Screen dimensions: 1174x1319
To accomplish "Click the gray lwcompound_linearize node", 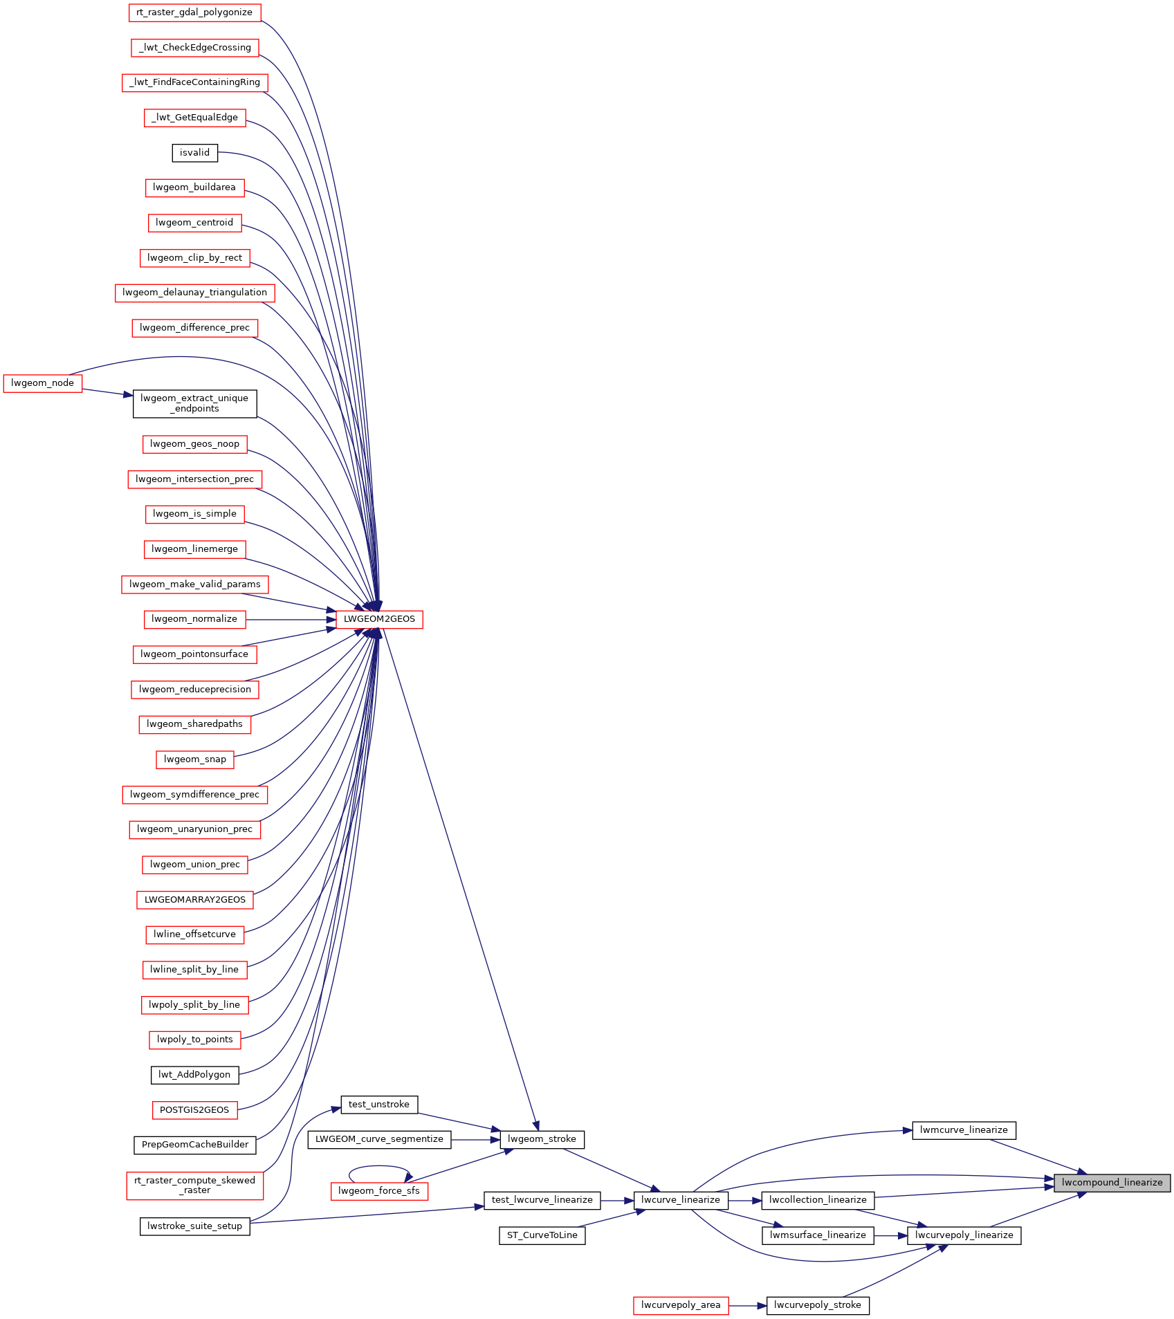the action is [1112, 1183].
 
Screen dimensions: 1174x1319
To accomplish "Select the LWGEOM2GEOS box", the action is [379, 619].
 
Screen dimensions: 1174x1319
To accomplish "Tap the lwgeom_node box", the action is [43, 383].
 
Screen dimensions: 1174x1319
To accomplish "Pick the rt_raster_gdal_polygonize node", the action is [194, 12].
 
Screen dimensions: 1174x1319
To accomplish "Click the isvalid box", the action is [194, 153].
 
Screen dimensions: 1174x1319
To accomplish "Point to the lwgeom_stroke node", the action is [542, 1139].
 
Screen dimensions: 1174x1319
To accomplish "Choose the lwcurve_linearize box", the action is [681, 1200].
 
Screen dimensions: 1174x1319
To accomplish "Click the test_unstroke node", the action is [379, 1105].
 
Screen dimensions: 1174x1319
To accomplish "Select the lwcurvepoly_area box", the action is [681, 1305].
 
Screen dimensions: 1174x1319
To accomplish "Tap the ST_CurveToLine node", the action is [542, 1235].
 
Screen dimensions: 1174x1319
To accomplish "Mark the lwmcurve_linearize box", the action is [964, 1130].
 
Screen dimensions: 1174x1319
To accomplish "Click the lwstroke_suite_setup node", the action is [194, 1226].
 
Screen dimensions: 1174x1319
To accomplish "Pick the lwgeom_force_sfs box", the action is [379, 1191].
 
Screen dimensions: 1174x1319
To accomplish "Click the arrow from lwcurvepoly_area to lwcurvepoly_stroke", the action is [747, 1305].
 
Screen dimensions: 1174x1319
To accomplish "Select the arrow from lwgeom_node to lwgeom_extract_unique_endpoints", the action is [107, 392].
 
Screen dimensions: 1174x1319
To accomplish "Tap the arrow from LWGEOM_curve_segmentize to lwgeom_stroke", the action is [475, 1139].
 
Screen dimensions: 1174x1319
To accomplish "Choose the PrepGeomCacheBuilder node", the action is [195, 1145].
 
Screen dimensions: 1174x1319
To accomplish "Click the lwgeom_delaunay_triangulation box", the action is [194, 293].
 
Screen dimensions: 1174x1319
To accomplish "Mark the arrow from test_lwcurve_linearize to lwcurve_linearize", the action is [617, 1200].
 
